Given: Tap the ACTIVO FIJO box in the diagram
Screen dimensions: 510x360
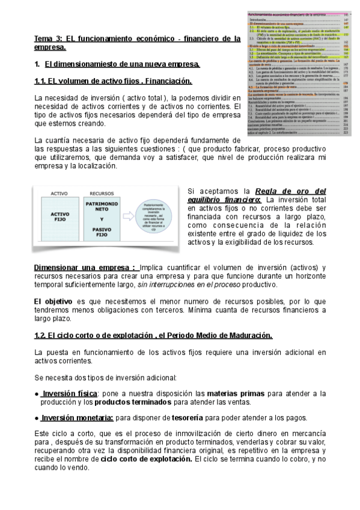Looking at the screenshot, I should point(59,217).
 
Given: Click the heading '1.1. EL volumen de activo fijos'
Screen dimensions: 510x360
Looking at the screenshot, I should point(114,81).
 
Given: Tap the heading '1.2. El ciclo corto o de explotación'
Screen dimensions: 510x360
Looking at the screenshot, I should point(153,335).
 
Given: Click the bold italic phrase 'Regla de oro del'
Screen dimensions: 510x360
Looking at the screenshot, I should point(290,191).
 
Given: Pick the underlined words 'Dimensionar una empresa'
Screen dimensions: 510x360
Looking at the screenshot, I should point(85,267).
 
